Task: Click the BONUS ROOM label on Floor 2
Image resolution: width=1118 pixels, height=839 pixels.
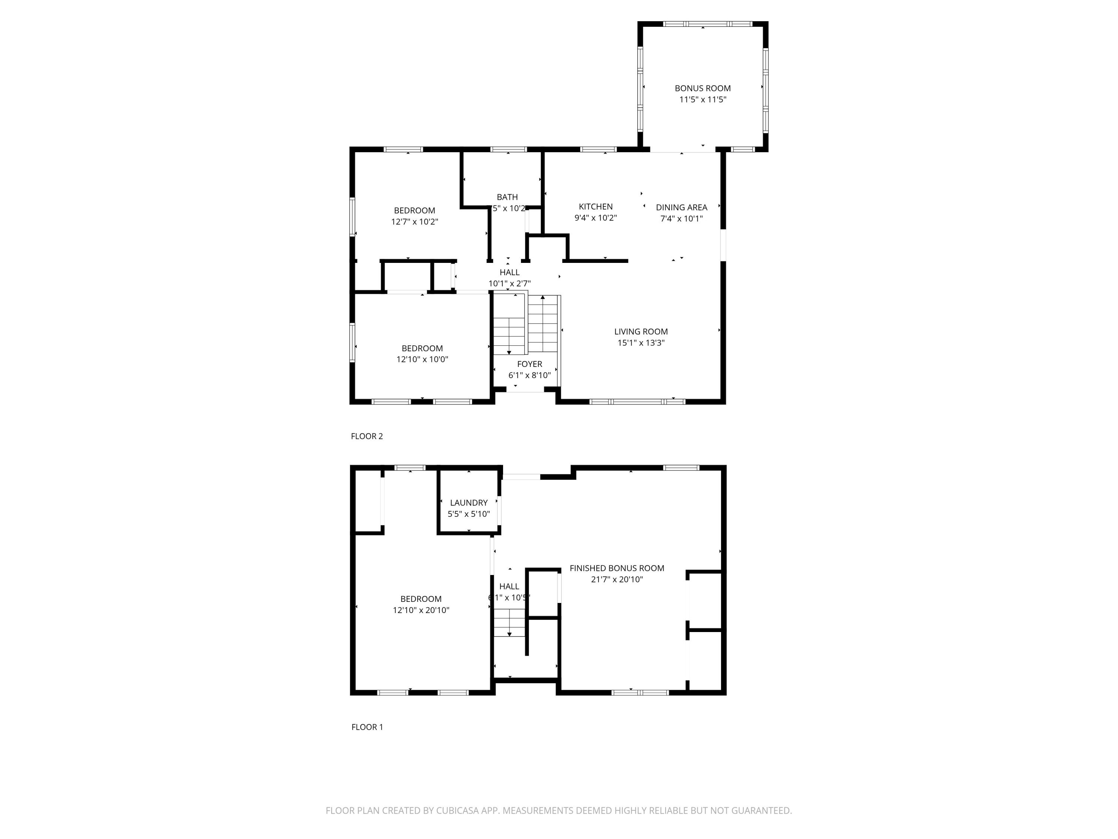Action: [702, 88]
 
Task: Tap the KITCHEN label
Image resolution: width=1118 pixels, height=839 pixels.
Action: [596, 206]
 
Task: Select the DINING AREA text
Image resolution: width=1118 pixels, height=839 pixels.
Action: [681, 207]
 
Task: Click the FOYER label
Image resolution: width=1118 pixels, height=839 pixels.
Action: [529, 364]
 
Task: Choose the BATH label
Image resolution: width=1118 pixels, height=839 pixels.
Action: [507, 197]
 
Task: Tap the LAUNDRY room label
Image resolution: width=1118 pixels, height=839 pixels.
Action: [468, 503]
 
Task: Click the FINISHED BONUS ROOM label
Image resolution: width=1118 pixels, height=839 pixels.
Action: [617, 568]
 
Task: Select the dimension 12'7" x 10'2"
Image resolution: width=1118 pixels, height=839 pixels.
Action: [414, 221]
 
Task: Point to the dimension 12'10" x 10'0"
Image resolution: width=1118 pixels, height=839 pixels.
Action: [422, 359]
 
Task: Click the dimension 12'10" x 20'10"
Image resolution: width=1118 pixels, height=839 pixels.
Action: [421, 610]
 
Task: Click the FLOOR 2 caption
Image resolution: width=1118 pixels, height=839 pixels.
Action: [367, 436]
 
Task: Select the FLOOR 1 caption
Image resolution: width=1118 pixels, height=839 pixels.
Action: [367, 727]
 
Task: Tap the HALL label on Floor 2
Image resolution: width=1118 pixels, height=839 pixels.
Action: [509, 273]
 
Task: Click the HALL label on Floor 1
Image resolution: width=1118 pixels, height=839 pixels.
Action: [509, 587]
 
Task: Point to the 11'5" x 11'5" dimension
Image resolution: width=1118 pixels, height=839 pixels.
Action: [702, 100]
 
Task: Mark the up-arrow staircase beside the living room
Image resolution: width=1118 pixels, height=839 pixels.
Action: [543, 324]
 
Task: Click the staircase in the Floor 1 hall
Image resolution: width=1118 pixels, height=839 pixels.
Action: [509, 623]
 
